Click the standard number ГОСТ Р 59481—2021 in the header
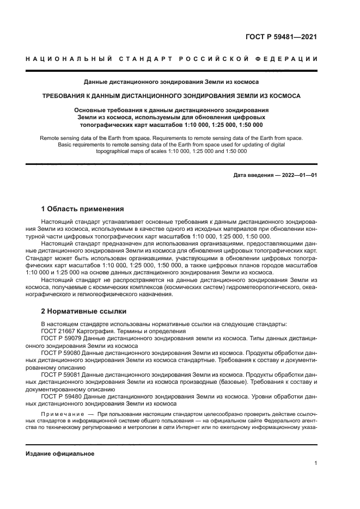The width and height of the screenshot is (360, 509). pos(282,37)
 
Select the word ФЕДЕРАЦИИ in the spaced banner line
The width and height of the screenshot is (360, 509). pos(290,59)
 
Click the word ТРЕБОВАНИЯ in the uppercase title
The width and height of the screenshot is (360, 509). pos(65,95)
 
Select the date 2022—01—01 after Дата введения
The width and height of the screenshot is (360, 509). pos(297,175)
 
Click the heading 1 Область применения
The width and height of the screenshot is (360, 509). pos(83,208)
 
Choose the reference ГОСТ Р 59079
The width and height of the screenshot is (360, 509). pos(62,338)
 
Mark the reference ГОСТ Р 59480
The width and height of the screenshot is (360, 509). pos(62,396)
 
